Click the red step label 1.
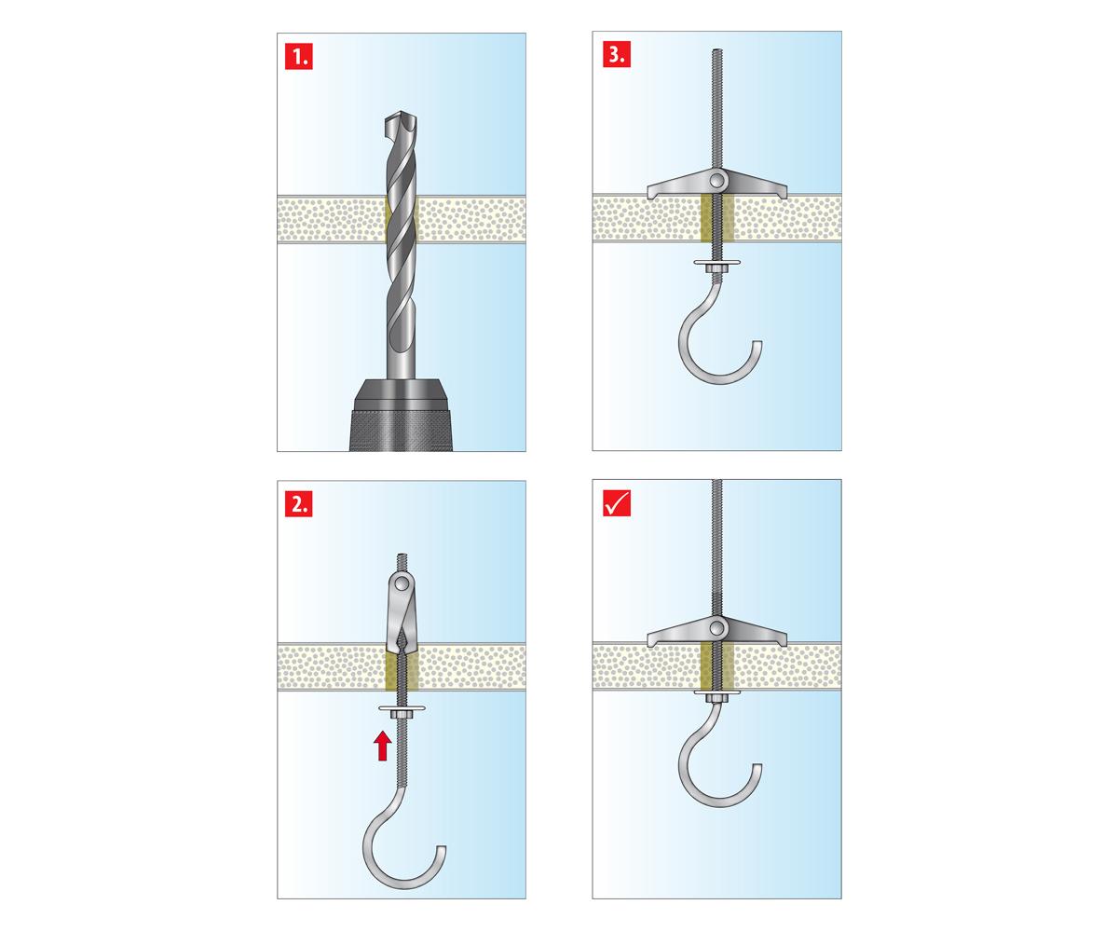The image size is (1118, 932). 298,57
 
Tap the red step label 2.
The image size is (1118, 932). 298,503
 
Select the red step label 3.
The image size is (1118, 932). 616,54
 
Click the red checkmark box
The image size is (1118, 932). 616,503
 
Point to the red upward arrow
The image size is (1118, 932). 382,747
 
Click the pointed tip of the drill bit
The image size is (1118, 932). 401,114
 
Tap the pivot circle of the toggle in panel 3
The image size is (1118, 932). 717,180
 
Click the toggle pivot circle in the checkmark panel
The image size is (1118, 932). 717,627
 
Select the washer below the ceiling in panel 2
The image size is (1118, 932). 402,708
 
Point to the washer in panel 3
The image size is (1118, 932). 717,263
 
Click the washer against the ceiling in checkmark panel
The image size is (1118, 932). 717,692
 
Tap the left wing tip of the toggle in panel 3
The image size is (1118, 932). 649,196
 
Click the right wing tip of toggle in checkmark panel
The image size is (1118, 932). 785,643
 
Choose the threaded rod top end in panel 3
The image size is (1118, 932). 717,50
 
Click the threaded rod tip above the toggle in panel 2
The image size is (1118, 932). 402,555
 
